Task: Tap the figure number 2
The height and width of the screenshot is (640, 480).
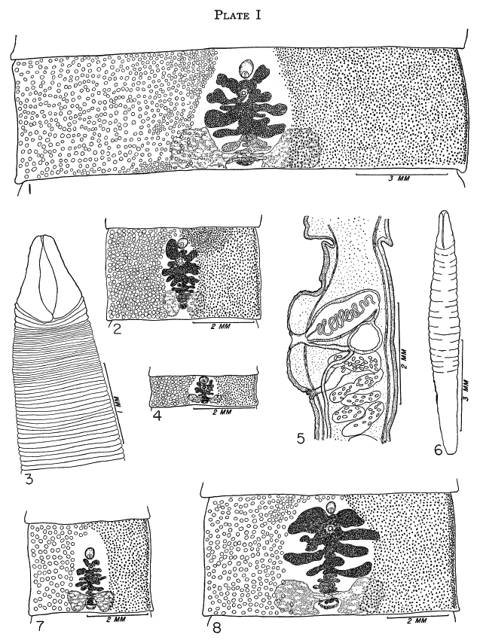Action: point(117,328)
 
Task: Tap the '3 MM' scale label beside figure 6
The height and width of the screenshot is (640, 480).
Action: point(467,392)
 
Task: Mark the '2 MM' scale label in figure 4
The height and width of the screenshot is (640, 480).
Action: point(222,412)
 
